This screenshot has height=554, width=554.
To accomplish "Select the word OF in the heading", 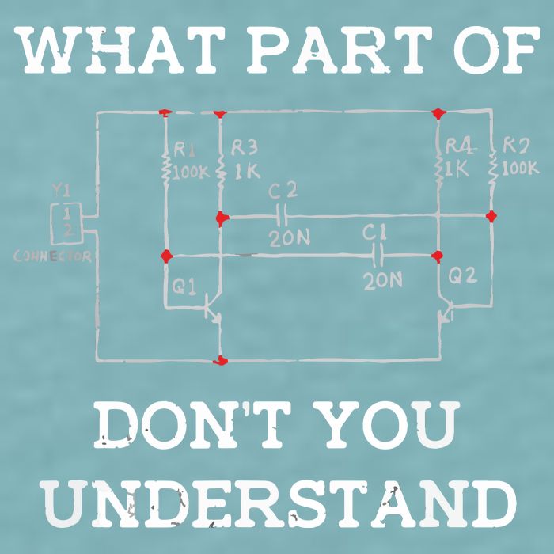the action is tap(496, 50).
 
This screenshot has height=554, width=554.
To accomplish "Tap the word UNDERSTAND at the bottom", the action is tap(277, 503).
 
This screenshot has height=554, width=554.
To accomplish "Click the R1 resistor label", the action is tap(184, 150).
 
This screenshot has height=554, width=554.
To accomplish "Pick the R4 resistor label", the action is tap(460, 146).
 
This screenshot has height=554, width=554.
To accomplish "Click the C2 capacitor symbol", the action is tap(283, 216).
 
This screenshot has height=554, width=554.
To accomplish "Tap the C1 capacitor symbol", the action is tap(378, 255).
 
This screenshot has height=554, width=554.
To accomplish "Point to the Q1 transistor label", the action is tap(184, 286).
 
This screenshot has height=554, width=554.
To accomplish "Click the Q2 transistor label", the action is tap(462, 275).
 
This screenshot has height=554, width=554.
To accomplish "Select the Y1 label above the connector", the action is tap(61, 190).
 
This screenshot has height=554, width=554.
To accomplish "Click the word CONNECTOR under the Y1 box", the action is tap(53, 256).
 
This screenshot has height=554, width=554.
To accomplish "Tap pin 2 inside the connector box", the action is tap(68, 231).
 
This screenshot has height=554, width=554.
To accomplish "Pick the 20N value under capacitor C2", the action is tap(290, 238).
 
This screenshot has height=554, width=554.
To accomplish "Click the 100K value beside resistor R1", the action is tap(191, 173).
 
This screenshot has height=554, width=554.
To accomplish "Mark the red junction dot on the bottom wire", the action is tap(221, 361).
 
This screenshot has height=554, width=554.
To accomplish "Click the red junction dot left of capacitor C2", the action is tap(222, 218).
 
